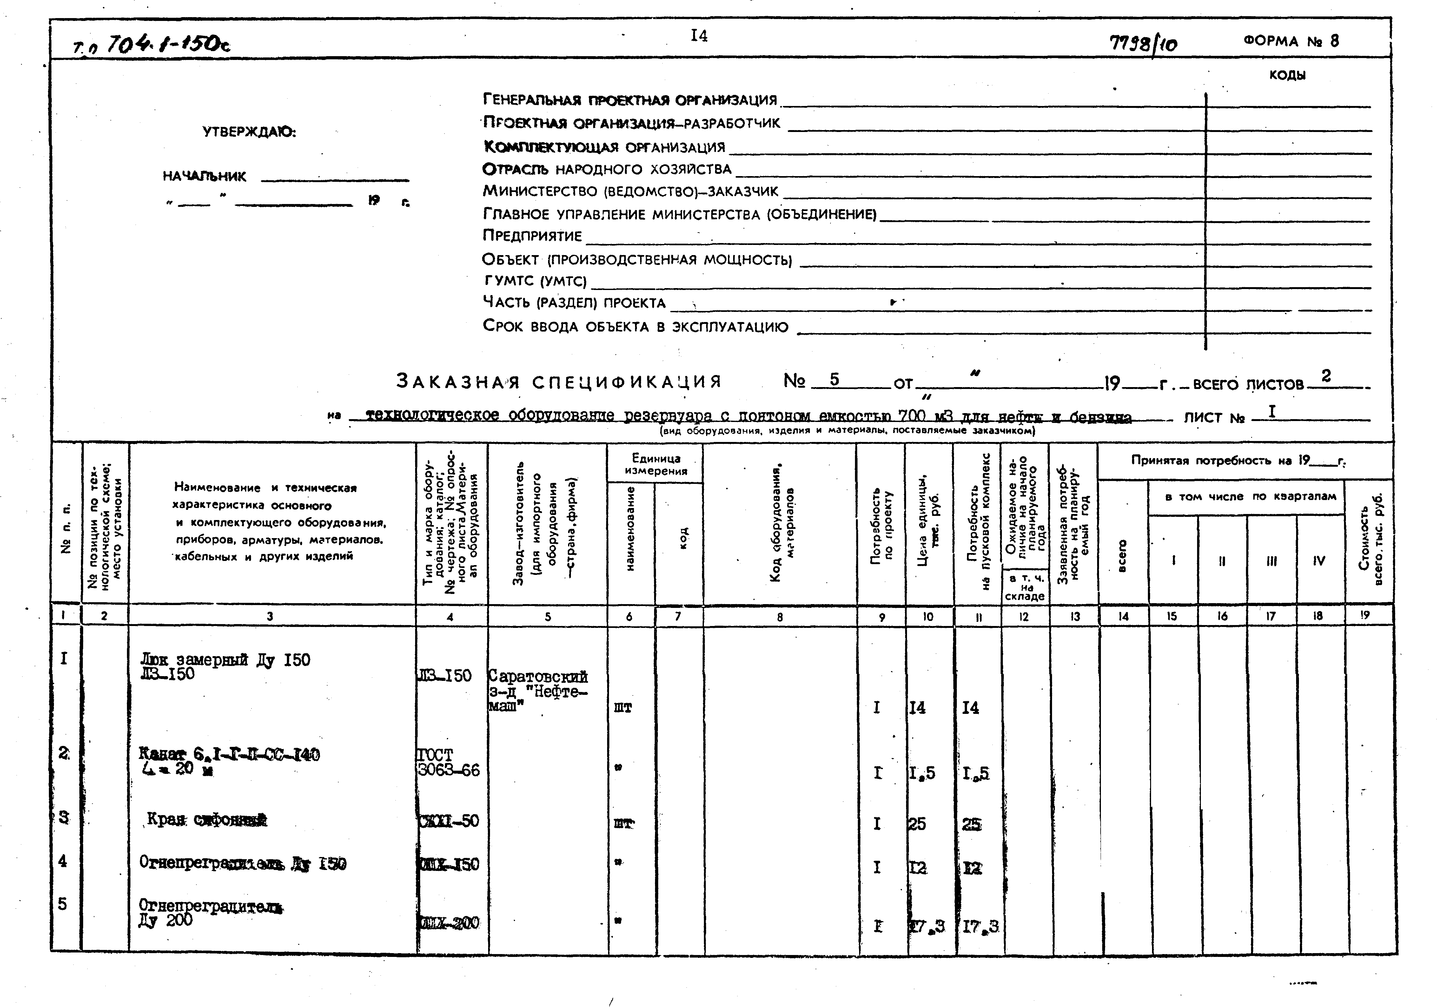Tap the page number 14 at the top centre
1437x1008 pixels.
(699, 36)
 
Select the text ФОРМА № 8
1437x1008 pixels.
(1291, 41)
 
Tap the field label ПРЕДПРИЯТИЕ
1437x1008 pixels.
(532, 236)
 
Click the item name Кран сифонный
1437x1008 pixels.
(207, 820)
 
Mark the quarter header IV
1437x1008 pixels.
(1319, 561)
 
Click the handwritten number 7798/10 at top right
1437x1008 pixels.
(1142, 44)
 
